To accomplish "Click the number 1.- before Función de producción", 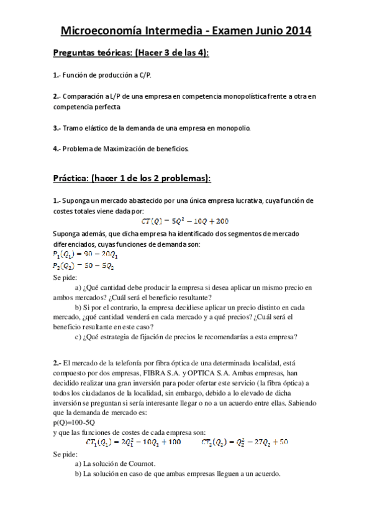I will [57, 75].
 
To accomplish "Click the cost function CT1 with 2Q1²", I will [132, 442].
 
